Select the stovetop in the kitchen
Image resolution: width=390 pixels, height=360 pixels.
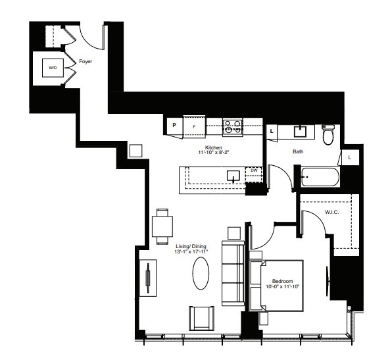tap(232, 124)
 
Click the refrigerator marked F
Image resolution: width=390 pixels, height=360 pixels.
tap(193, 124)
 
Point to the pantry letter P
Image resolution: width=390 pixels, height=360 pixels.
tap(174, 124)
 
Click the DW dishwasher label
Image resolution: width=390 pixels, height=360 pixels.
tap(254, 170)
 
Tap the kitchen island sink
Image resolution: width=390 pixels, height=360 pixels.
tap(233, 176)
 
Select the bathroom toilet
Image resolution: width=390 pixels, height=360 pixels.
tap(329, 134)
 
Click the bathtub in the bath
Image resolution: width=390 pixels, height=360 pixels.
tap(320, 177)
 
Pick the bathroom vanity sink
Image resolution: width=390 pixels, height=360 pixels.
tap(302, 130)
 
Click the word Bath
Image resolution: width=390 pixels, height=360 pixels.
tap(298, 152)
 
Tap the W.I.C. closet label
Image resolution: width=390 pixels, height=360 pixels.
tap(331, 212)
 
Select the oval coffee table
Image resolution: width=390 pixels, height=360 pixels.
tap(202, 272)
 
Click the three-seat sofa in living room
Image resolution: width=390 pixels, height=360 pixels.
tap(232, 273)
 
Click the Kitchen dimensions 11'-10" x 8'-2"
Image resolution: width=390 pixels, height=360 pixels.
tap(214, 153)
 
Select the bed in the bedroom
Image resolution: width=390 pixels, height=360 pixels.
tap(276, 284)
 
